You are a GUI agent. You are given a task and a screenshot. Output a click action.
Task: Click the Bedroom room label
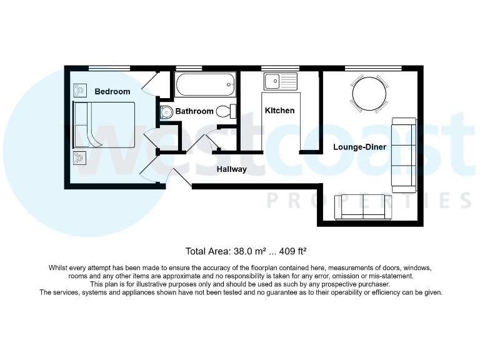(112, 92)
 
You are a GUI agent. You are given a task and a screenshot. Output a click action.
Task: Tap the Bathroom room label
(194, 111)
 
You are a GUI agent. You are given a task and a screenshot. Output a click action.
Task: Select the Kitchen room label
(279, 111)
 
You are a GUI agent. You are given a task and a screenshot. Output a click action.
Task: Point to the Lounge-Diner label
(361, 147)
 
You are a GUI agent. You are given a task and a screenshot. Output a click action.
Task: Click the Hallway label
(232, 169)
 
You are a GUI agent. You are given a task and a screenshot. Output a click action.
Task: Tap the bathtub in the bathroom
(205, 84)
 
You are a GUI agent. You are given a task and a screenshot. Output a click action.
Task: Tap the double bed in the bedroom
(104, 125)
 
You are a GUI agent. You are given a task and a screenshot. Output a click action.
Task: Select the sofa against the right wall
(404, 154)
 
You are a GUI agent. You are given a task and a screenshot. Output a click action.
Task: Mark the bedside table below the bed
(80, 157)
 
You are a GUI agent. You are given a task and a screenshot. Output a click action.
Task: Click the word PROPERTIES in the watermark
(369, 200)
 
